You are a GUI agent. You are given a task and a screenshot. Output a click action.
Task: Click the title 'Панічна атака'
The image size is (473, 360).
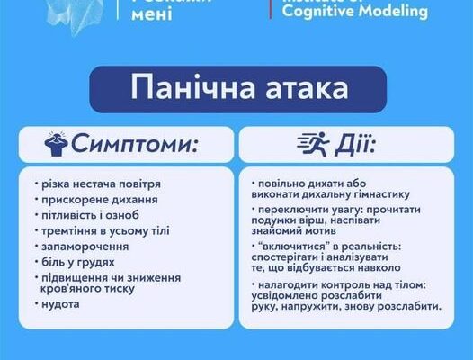[236, 89]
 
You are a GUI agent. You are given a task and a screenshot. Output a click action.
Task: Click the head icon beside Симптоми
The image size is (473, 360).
[56, 143]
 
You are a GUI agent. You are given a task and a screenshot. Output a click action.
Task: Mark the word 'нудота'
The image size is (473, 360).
[61, 303]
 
